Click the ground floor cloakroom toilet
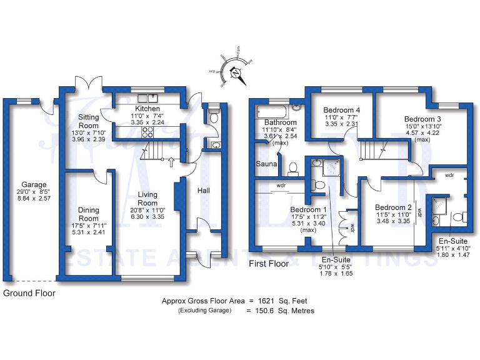click(x=214, y=116)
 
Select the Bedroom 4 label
click(x=342, y=111)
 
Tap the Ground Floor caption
click(x=29, y=293)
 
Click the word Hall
click(x=204, y=190)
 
